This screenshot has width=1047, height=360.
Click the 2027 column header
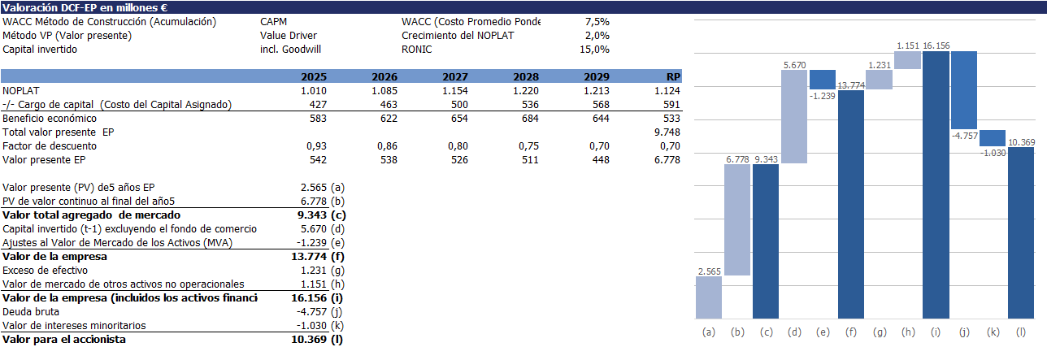point(454,76)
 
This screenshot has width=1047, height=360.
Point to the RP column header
point(674,76)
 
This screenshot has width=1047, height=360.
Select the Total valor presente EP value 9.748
point(667,132)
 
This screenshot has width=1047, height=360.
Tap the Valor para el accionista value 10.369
point(311,339)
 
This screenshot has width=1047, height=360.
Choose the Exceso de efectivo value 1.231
point(314,270)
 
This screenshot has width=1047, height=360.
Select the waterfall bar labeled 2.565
point(709,297)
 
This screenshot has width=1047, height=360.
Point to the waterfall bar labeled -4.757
point(964,90)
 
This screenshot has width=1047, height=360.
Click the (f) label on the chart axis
point(850,332)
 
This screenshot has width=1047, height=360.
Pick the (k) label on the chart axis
point(993,332)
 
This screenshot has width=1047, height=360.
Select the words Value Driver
point(289,36)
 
